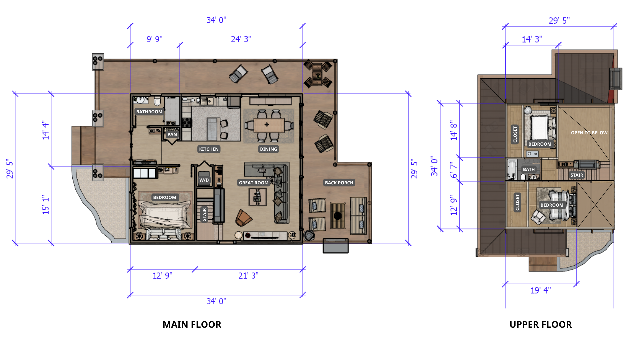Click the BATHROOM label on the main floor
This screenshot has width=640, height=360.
[x=149, y=112]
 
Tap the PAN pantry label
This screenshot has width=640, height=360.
[x=172, y=134]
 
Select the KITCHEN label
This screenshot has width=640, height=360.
[x=209, y=149]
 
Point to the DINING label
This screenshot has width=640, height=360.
[x=268, y=149]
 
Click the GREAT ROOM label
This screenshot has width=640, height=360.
[x=254, y=183]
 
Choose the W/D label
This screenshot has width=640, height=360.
[x=204, y=180]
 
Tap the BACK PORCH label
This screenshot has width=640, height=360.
[x=339, y=183]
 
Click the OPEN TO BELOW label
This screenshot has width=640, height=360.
[x=589, y=133]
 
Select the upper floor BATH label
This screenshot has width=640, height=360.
[x=529, y=169]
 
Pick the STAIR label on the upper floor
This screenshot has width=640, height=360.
[x=577, y=175]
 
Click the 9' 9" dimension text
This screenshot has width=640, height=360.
[x=155, y=39]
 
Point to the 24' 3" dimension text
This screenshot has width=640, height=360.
[x=241, y=39]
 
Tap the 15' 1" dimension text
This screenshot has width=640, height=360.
[x=46, y=205]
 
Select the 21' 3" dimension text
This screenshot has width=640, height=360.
[x=248, y=276]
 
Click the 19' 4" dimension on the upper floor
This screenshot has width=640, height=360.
[x=541, y=290]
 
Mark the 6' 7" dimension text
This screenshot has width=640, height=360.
[x=454, y=170]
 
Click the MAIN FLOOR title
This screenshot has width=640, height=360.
[x=192, y=324]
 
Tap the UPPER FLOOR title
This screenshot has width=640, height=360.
[x=541, y=324]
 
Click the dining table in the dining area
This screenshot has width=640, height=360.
[x=269, y=125]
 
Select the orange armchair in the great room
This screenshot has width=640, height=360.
[x=243, y=218]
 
